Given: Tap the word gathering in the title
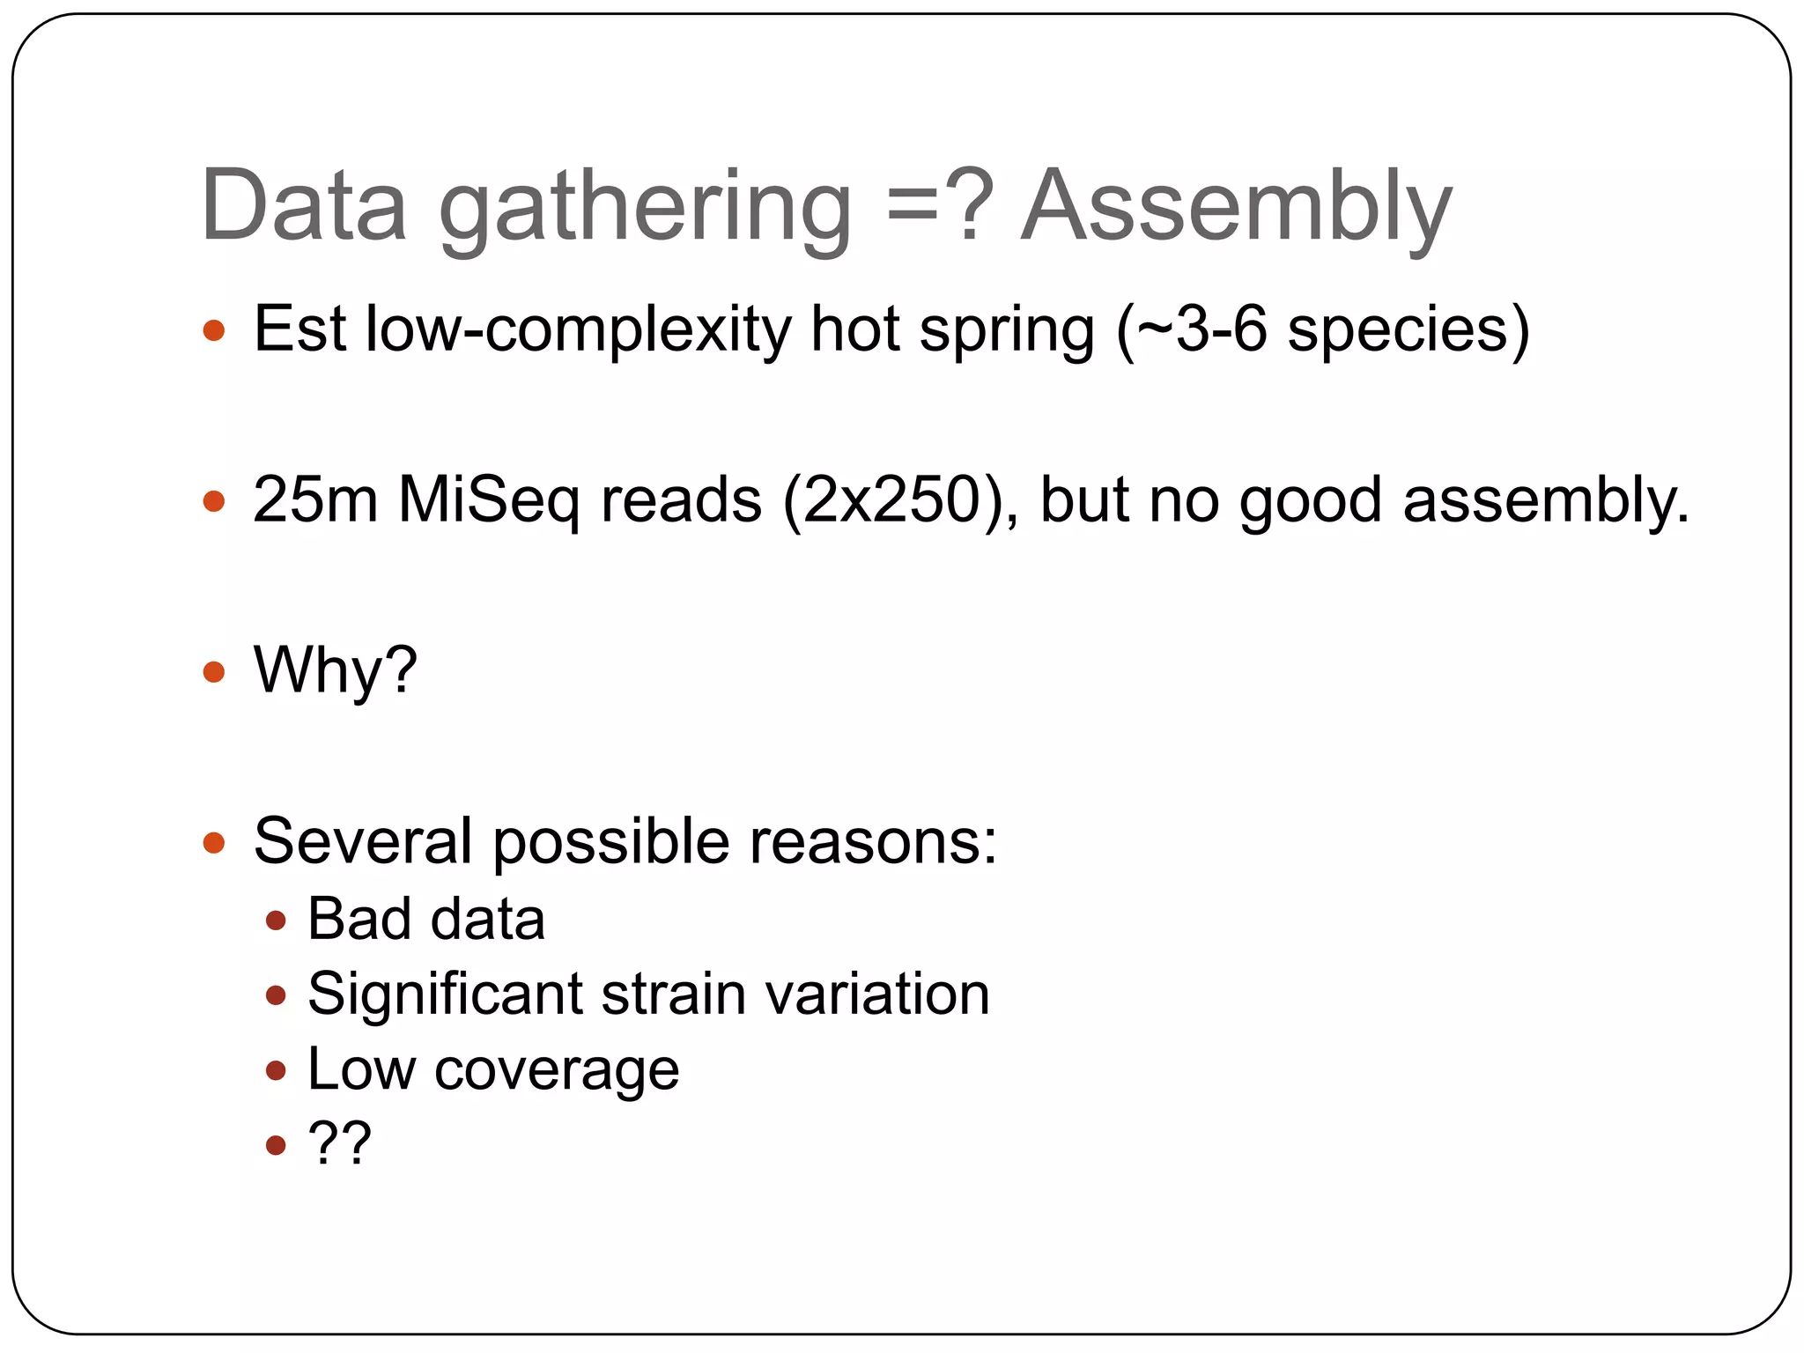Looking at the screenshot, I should point(645,210).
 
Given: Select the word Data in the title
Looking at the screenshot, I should point(303,206).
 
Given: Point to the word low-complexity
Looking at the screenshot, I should point(578,329).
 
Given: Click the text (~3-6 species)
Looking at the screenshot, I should point(1322,329).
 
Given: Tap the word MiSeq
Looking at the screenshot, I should point(489,500).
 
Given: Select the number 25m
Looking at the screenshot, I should point(314,500).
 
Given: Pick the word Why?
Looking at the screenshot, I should point(335,670).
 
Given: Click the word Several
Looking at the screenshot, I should point(363,840).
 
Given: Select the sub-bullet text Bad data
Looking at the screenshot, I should point(425,919).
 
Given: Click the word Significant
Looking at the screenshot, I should point(445,994).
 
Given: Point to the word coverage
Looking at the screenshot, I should point(557,1069).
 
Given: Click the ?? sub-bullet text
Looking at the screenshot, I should point(339,1143).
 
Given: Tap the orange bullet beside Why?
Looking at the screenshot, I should point(214,672).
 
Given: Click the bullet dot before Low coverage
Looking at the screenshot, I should point(276,1070).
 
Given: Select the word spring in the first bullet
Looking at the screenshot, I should point(1007,331).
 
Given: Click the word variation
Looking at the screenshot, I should point(877,994).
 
